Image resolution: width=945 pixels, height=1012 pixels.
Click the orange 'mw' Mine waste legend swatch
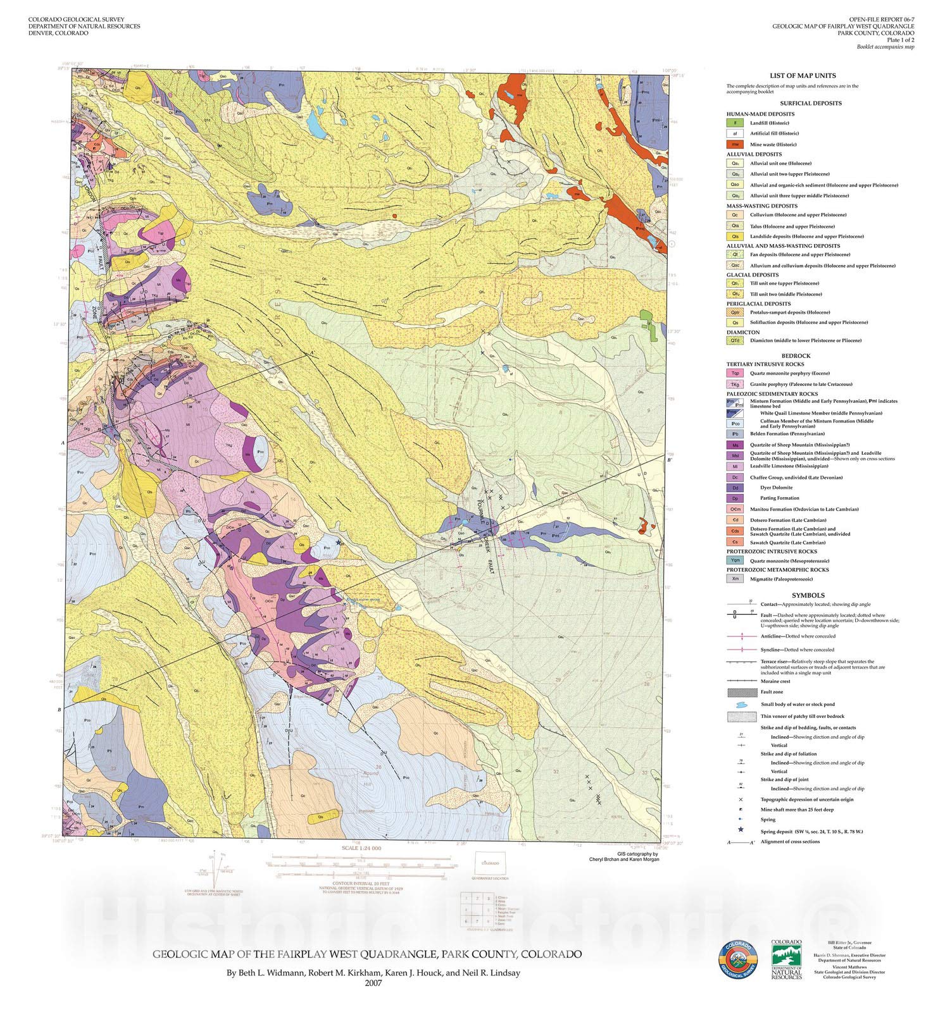pyautogui.click(x=734, y=144)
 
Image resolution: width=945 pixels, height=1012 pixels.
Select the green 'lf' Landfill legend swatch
pyautogui.click(x=734, y=123)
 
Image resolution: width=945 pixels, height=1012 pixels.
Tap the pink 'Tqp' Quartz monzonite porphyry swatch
pyautogui.click(x=734, y=373)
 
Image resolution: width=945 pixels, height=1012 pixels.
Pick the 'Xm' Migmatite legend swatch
pyautogui.click(x=734, y=579)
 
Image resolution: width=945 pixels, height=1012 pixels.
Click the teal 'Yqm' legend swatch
pyautogui.click(x=734, y=560)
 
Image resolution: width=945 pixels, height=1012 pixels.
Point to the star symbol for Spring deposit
pyautogui.click(x=739, y=830)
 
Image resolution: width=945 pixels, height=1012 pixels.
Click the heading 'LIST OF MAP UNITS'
pyautogui.click(x=803, y=75)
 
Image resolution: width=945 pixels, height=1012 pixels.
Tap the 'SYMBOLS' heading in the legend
pyautogui.click(x=808, y=595)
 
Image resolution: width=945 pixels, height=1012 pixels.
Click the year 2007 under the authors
pyautogui.click(x=373, y=982)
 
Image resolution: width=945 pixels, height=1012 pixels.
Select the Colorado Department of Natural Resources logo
pyautogui.click(x=786, y=960)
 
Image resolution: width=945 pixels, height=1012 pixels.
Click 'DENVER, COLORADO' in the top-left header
pyautogui.click(x=58, y=33)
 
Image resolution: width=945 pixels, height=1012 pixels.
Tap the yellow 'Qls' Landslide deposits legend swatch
pyautogui.click(x=734, y=236)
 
